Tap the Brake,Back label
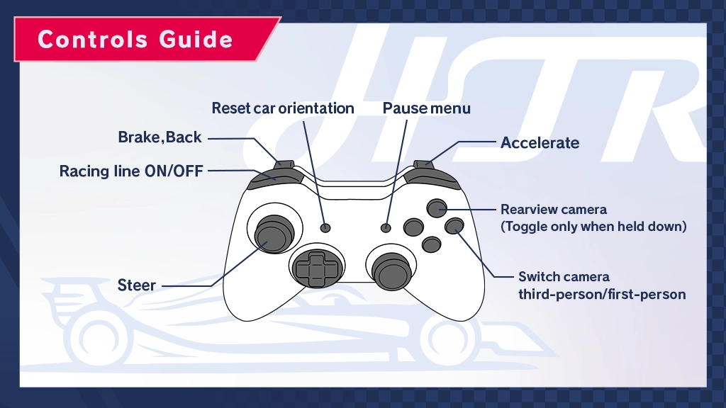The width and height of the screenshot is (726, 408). click(160, 137)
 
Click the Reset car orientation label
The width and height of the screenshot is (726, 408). click(283, 108)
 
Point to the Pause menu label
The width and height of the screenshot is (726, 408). click(427, 108)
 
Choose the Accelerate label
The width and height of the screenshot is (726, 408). click(540, 142)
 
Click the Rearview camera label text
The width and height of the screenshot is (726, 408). click(554, 210)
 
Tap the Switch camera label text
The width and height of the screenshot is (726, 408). click(564, 276)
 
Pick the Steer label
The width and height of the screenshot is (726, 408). click(137, 285)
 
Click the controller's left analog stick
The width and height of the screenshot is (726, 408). click(271, 233)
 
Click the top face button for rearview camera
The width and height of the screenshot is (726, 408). click(437, 208)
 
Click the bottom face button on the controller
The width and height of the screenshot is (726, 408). click(430, 244)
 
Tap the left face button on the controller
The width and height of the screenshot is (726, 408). click(413, 227)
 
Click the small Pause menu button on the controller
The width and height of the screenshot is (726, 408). click(386, 227)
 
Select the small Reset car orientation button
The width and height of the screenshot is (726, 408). click(325, 227)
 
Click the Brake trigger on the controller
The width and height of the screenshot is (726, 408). click(285, 165)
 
